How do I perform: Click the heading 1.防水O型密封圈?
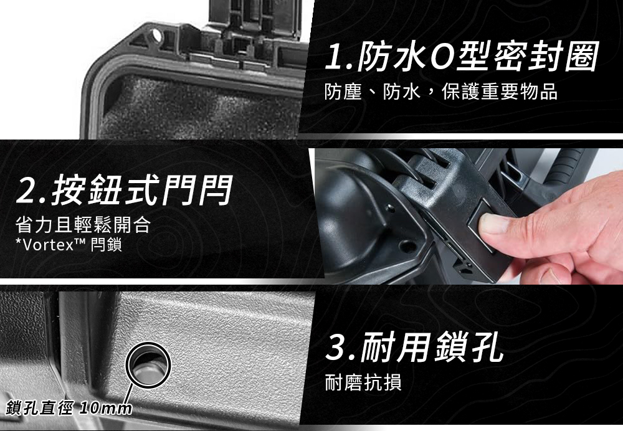tap(461, 57)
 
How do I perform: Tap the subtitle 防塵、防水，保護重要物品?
tap(440, 92)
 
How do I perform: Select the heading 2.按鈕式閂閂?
tap(123, 190)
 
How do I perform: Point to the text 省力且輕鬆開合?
tap(83, 224)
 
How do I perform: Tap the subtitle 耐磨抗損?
tap(363, 382)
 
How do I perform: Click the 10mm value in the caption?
tap(105, 409)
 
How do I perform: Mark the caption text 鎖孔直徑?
tap(39, 409)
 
